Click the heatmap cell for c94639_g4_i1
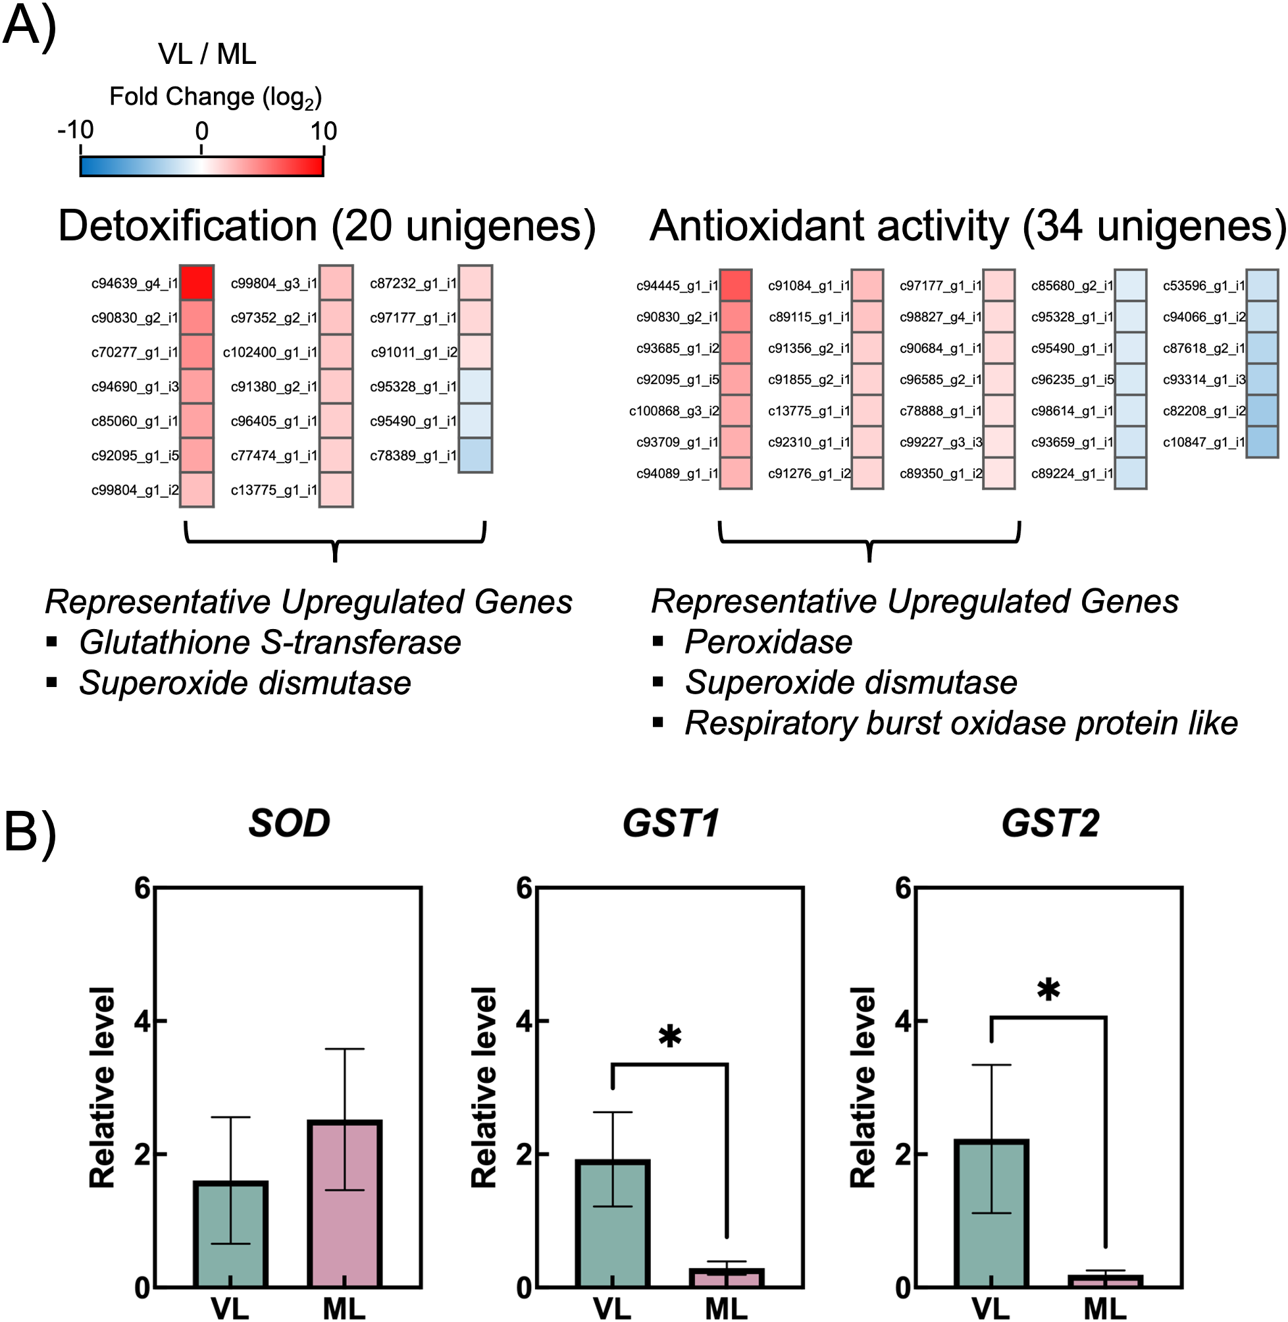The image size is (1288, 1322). click(197, 283)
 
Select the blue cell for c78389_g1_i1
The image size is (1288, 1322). click(475, 456)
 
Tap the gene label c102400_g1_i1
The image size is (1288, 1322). click(270, 352)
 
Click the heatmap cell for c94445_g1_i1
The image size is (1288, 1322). click(735, 286)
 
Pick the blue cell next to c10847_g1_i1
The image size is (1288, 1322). click(1262, 442)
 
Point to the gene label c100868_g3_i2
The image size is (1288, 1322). click(674, 411)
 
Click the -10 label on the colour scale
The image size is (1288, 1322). click(76, 129)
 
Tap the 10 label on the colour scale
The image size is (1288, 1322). click(323, 130)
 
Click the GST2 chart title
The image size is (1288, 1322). click(1050, 824)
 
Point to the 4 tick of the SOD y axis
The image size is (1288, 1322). click(142, 1021)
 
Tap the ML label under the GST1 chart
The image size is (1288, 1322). click(726, 1308)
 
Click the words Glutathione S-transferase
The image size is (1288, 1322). click(269, 642)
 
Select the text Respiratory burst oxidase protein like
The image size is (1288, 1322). click(961, 723)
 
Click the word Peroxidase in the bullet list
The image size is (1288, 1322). click(768, 642)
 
